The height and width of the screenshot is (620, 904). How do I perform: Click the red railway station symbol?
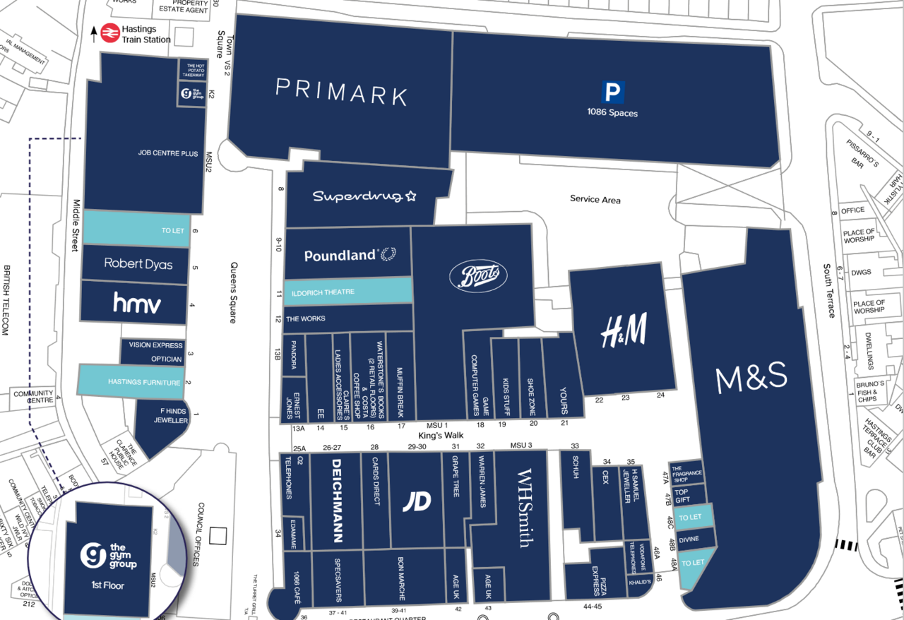[x=109, y=34]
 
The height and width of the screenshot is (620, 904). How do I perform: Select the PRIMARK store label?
[x=342, y=92]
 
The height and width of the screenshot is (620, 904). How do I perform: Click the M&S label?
[x=751, y=379]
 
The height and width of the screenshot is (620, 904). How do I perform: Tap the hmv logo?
[x=137, y=304]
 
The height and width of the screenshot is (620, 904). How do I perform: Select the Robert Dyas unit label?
[x=138, y=263]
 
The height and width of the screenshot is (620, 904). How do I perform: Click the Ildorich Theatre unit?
[x=347, y=292]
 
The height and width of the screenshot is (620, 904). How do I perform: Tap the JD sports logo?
[x=417, y=501]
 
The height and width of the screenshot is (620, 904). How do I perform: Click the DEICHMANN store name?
[x=336, y=501]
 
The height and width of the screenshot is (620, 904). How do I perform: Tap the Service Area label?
[x=595, y=200]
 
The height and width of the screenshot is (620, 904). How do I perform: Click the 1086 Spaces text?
[x=612, y=113]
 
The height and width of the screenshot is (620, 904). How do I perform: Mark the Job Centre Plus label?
[x=168, y=153]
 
